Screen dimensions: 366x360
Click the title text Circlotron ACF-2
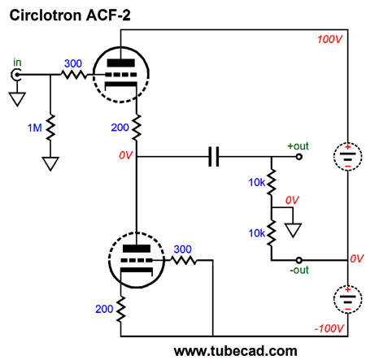tap(70, 15)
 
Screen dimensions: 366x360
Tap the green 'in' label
tap(17, 63)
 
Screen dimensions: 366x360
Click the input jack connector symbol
tap(16, 75)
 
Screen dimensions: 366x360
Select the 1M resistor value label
tap(35, 128)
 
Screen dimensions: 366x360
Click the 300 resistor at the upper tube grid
tap(74, 75)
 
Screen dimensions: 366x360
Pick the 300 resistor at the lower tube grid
tap(184, 260)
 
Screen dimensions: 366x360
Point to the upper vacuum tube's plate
tap(120, 63)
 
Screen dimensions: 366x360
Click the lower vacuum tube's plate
tap(137, 249)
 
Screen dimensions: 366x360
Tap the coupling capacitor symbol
tap(214, 157)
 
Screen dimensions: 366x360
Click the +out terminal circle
tap(298, 157)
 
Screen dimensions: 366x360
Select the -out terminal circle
tap(298, 260)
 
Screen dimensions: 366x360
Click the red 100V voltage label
tap(329, 39)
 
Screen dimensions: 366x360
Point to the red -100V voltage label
tap(329, 328)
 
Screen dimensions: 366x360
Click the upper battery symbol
tap(347, 157)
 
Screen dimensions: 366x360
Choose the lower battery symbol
tap(347, 299)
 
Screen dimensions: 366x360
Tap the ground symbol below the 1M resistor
tap(50, 163)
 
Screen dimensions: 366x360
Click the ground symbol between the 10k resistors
tap(293, 230)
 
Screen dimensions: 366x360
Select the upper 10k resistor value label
tap(256, 182)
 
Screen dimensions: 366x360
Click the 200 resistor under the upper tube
tap(137, 128)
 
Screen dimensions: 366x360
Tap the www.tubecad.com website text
tap(235, 351)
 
